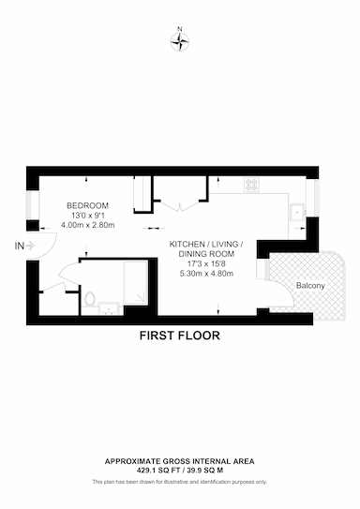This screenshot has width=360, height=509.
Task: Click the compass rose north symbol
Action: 180,42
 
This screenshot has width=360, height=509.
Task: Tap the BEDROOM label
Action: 87,205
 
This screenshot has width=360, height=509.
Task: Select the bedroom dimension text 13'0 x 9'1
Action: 87,216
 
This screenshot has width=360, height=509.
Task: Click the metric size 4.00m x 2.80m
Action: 87,225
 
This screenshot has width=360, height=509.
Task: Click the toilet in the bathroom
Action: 89,299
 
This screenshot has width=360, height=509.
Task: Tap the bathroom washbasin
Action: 109,308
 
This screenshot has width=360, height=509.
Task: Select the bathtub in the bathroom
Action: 135,282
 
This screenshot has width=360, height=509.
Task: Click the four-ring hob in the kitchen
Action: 252,185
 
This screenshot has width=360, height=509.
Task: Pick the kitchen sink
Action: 297,212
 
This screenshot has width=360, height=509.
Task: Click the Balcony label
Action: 310,286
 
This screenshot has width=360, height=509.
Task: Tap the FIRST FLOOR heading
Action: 180,336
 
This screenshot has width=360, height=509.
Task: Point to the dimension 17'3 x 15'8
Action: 206,263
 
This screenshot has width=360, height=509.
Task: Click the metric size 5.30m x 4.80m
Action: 206,274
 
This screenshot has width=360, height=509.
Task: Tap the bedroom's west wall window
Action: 33,205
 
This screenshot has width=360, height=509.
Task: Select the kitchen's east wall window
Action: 312,198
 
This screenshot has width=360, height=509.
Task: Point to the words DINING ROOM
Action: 206,254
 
